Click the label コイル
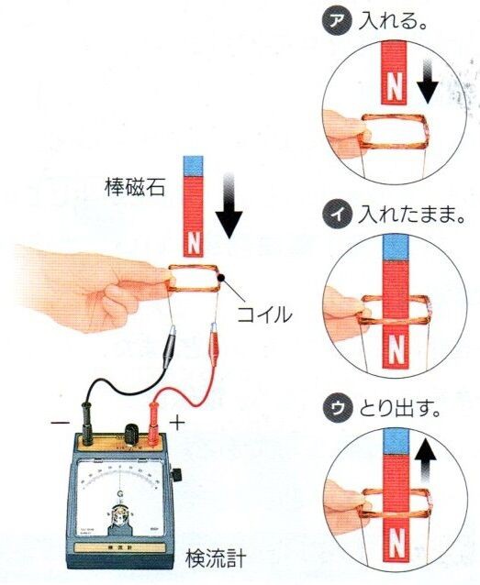264,315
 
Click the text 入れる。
385,19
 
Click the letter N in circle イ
394,349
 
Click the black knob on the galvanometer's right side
180,475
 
